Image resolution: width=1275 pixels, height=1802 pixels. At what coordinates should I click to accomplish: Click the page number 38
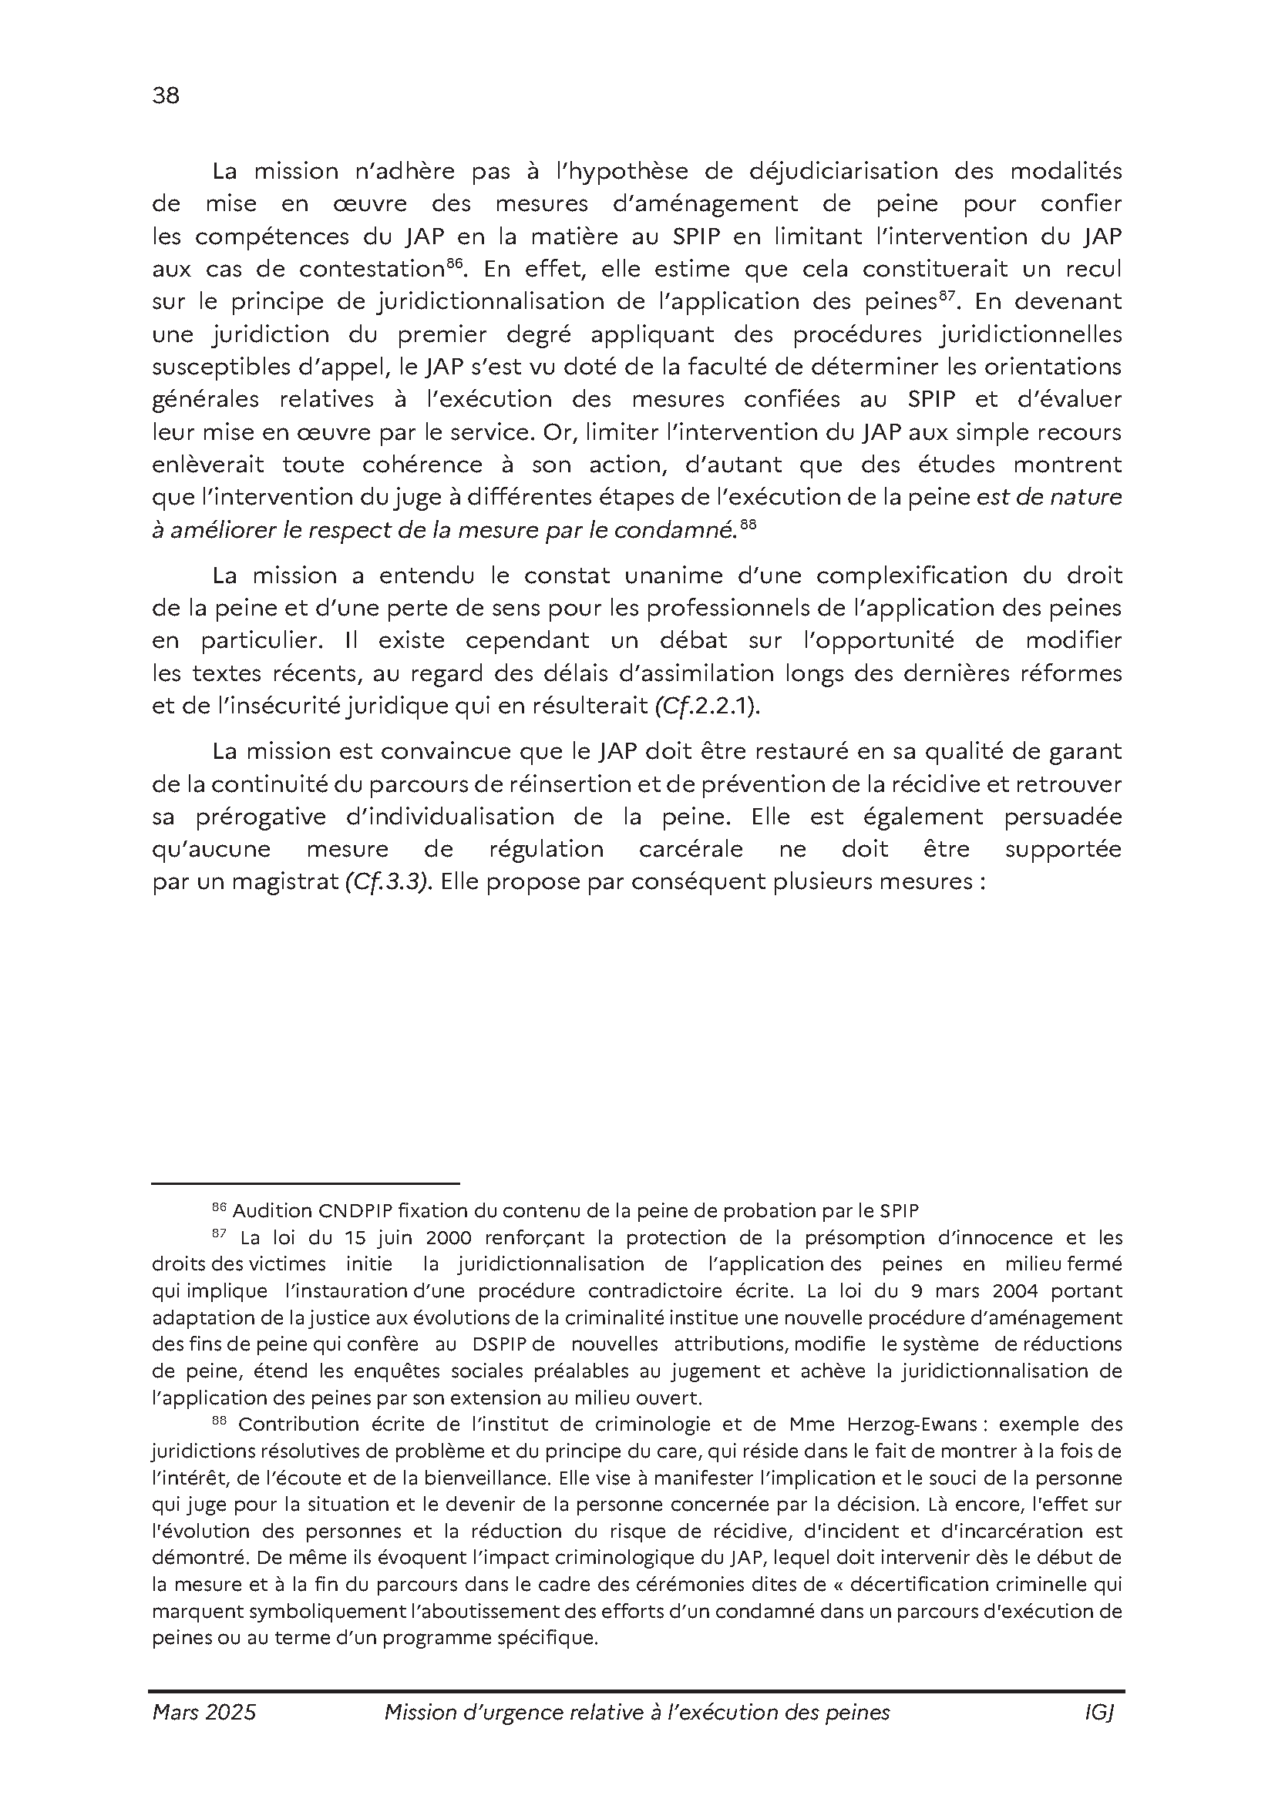point(166,96)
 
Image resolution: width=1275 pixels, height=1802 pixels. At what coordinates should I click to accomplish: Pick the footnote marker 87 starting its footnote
point(219,1233)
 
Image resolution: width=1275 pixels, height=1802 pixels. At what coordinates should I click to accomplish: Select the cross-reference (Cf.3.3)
point(388,881)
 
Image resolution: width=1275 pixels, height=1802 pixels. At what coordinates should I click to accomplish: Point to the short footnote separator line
point(305,1182)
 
